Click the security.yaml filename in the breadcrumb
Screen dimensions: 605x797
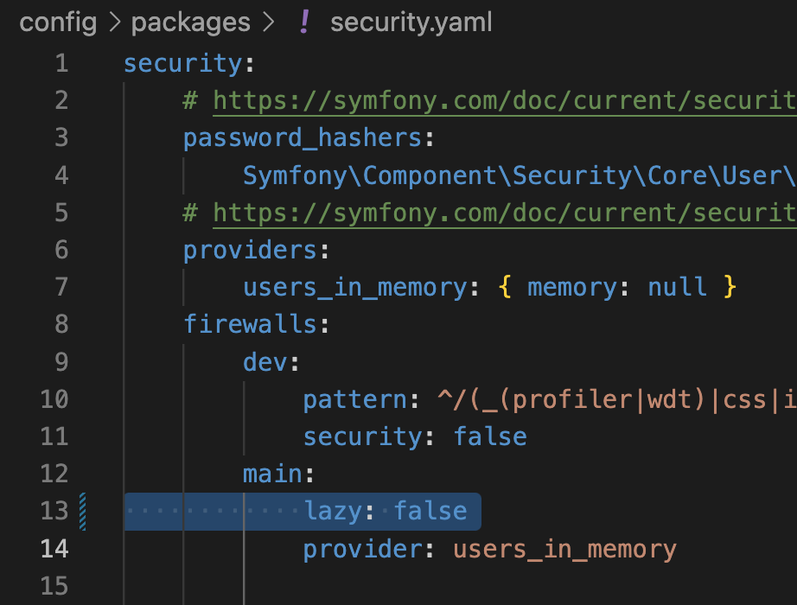(411, 22)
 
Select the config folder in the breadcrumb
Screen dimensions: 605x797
(58, 22)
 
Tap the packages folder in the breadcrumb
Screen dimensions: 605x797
(190, 22)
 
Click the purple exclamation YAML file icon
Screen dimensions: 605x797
(303, 22)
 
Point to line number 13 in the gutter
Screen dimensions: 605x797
(54, 511)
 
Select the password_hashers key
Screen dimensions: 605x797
(302, 138)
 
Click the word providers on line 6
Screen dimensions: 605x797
(250, 250)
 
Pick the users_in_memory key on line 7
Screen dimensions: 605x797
(355, 287)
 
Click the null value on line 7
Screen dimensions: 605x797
(677, 287)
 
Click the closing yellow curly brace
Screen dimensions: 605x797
(730, 287)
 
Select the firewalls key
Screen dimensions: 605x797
(250, 324)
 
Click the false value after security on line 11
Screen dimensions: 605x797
(490, 436)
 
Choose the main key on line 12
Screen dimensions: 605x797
(272, 474)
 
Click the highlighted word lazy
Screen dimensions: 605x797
(333, 511)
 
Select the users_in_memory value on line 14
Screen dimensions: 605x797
(564, 549)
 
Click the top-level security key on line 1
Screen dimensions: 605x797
(182, 64)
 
